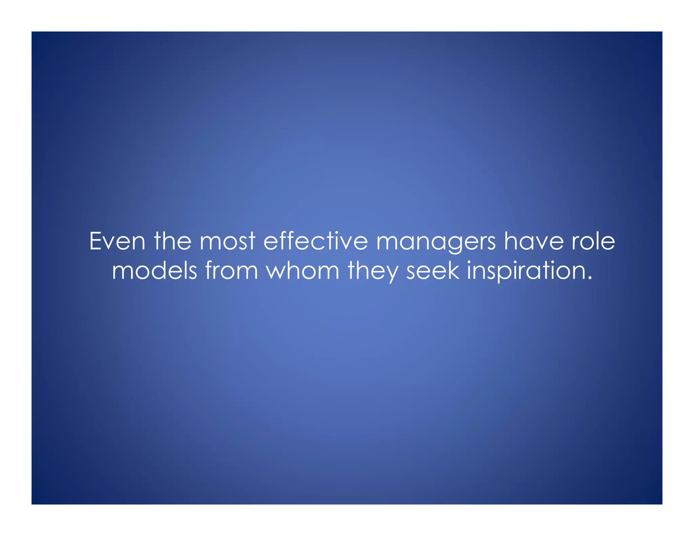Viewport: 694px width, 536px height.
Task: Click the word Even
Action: [117, 241]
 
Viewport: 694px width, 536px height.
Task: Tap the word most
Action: [227, 241]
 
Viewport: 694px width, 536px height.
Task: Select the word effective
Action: [315, 241]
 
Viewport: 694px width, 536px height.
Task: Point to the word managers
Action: [436, 242]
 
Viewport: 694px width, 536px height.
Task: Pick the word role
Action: [593, 241]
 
